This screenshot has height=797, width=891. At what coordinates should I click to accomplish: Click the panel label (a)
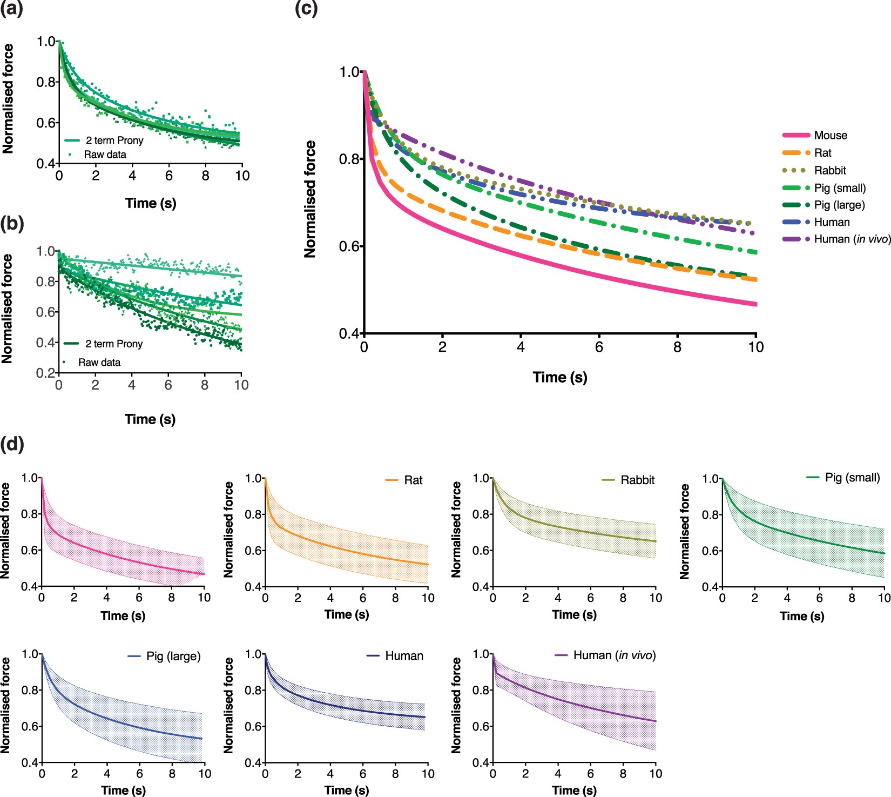[x=11, y=9]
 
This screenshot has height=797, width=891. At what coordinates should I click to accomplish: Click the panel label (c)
[x=306, y=9]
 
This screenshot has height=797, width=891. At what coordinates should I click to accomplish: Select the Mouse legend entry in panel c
[x=830, y=136]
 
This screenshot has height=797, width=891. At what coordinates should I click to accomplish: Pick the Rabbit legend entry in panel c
[x=830, y=171]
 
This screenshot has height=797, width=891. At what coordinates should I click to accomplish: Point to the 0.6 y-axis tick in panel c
[x=349, y=246]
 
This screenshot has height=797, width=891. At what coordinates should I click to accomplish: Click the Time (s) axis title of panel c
[x=560, y=377]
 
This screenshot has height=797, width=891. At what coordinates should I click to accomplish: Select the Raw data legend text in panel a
[x=105, y=155]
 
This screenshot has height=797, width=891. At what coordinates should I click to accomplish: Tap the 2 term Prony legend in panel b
[x=114, y=344]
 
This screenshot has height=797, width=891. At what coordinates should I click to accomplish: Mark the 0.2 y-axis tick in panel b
[x=46, y=373]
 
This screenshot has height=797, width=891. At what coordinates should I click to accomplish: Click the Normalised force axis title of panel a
[x=8, y=99]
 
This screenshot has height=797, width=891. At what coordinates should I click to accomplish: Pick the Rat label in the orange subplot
[x=413, y=480]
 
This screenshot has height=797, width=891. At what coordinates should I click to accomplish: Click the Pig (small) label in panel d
[x=852, y=478]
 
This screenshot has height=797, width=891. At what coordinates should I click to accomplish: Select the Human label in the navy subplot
[x=404, y=656]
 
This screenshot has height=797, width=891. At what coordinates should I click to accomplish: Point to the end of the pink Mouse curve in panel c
[x=755, y=304]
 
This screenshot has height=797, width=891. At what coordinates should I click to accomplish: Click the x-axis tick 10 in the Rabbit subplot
[x=656, y=598]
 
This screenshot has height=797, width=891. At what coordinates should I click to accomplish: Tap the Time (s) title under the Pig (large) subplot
[x=123, y=791]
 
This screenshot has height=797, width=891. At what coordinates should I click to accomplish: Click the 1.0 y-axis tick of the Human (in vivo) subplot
[x=481, y=654]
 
